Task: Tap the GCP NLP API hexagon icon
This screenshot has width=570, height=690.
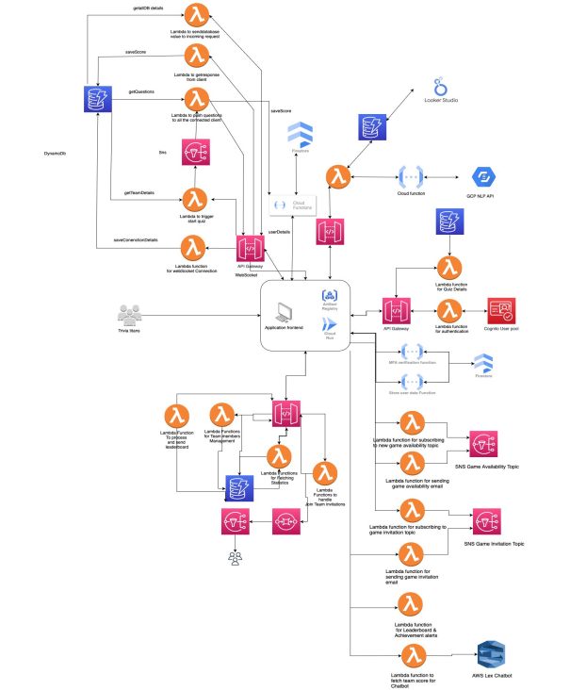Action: [x=482, y=176]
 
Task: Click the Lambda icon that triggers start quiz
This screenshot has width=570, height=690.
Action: [x=195, y=200]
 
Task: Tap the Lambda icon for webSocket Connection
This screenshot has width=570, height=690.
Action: [x=195, y=247]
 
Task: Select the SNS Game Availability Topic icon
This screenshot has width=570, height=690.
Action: [x=483, y=444]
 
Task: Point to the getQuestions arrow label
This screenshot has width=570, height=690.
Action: [x=142, y=92]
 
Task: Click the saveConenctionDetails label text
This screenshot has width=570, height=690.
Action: [x=136, y=240]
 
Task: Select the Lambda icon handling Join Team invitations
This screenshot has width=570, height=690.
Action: [x=325, y=473]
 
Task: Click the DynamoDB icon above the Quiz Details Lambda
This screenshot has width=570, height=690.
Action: [x=448, y=224]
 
